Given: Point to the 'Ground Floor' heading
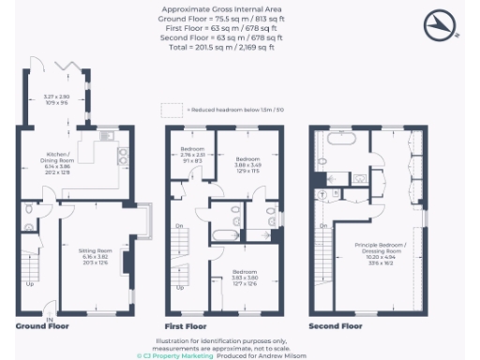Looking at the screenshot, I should point(38,326).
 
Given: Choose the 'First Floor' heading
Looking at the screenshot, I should point(186,326).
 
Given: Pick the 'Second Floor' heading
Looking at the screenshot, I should point(335,326).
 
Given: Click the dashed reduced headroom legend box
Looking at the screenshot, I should point(171,108).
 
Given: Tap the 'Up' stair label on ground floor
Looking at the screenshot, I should point(29,285).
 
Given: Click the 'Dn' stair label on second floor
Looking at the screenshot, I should point(322,227).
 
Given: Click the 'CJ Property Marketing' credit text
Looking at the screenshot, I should point(169,355).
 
